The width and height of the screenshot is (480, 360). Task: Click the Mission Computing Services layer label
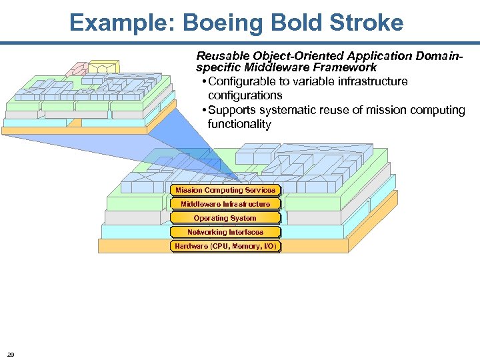[225, 190]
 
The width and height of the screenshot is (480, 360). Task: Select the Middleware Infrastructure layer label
[225, 204]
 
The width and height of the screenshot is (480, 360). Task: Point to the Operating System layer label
[225, 218]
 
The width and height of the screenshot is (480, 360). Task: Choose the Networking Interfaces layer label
[225, 232]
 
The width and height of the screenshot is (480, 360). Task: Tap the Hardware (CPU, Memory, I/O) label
[225, 247]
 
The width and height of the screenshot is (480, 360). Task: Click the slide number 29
[11, 353]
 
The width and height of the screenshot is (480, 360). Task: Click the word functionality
[239, 124]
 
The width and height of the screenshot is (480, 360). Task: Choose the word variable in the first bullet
[311, 81]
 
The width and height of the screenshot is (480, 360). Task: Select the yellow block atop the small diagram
[103, 66]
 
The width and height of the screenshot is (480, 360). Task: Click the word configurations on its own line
[245, 95]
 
